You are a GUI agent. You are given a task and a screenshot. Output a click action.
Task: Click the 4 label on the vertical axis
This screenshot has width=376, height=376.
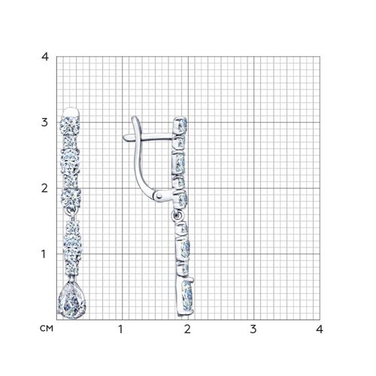pos(45,57)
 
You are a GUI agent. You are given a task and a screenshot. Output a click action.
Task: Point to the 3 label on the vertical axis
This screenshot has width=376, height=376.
pos(44,123)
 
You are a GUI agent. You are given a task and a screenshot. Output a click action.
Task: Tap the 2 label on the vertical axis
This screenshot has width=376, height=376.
pos(44,188)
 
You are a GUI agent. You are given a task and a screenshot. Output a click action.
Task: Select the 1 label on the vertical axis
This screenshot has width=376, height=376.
pos(44,254)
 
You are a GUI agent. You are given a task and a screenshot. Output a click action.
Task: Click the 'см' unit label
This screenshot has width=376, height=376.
pos(47,329)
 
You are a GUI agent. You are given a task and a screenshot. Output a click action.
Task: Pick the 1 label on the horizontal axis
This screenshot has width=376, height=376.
pos(121,329)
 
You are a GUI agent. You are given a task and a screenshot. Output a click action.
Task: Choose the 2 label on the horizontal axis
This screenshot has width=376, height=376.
pos(187,329)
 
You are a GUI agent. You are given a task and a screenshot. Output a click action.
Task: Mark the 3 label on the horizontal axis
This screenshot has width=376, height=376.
pos(253,329)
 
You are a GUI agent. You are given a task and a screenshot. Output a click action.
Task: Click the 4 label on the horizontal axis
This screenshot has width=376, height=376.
pos(320,329)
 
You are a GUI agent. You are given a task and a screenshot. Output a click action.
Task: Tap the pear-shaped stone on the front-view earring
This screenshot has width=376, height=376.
pos(72,300)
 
